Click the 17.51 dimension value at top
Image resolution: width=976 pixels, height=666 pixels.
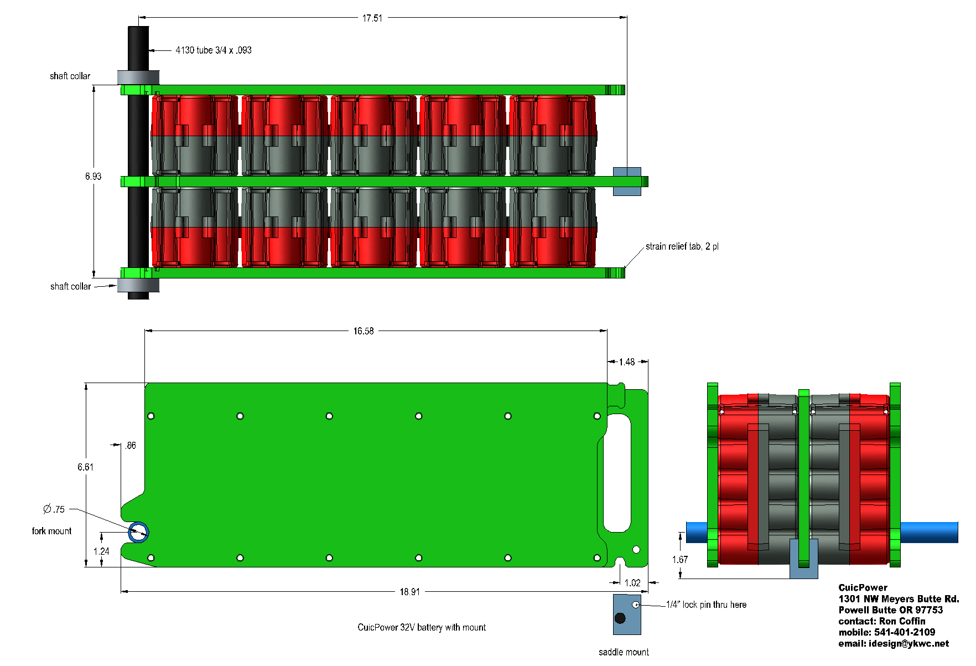coord(372,18)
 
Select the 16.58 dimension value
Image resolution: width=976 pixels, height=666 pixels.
coord(364,331)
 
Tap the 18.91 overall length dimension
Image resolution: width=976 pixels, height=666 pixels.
coord(409,592)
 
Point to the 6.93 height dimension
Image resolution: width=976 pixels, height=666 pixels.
coord(93,177)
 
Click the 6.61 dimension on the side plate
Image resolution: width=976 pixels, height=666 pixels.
coord(85,467)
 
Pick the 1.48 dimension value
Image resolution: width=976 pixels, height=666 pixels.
coord(627,362)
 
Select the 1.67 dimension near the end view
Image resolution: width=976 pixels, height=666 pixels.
coord(680,560)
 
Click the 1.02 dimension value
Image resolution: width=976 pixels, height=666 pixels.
coord(632,583)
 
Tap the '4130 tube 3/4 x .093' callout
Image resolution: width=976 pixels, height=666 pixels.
coord(214,50)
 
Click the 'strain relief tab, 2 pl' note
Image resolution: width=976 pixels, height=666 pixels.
coord(682,246)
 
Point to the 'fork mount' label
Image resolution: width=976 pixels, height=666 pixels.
coord(51,531)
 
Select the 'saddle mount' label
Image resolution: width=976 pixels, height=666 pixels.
coord(624,652)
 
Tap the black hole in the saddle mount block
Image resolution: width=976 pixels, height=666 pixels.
coord(620,618)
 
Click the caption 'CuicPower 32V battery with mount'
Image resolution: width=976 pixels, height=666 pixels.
coord(422,627)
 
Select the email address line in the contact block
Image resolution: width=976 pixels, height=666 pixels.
coord(894,643)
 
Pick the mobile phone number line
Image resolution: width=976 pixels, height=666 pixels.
coord(887,632)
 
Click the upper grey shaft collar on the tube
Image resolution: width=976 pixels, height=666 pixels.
coord(138,77)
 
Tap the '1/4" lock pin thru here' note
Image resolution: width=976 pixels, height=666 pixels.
coord(706,605)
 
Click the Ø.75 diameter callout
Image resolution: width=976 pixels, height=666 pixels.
coord(54,509)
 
